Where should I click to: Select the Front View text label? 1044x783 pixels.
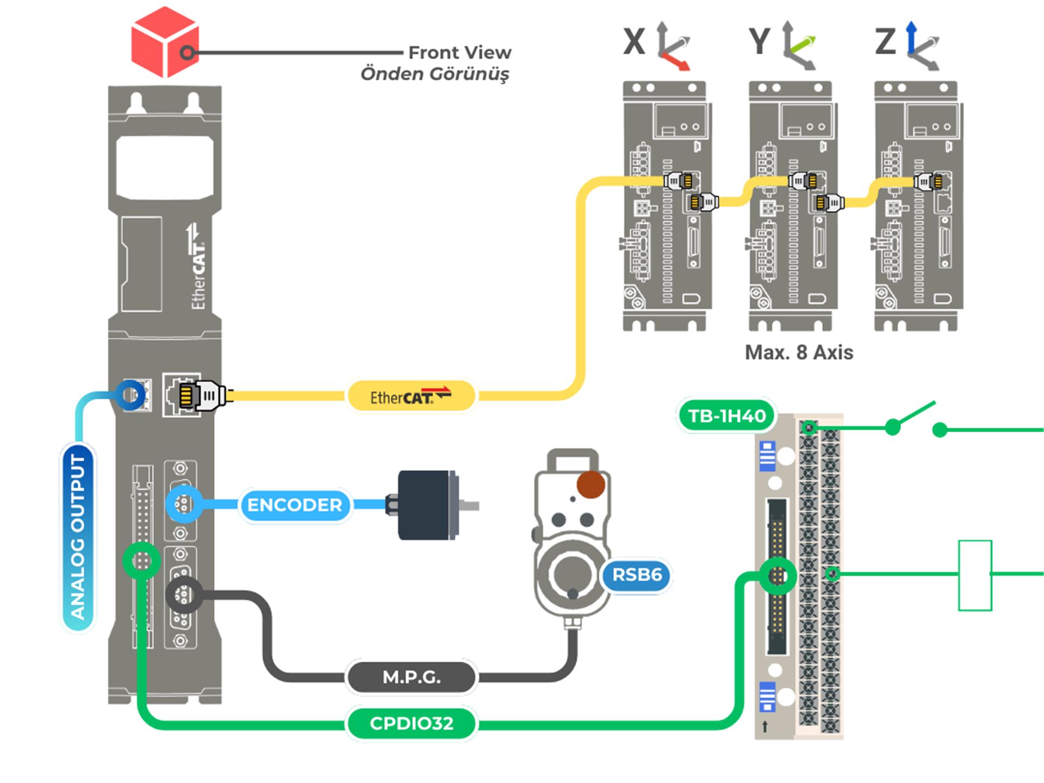point(459,53)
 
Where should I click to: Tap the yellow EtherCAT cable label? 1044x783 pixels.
point(411,396)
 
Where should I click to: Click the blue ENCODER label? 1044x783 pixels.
point(294,505)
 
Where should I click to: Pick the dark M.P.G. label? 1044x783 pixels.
point(411,677)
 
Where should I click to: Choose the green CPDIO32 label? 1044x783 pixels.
point(411,723)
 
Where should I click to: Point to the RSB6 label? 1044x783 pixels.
point(637,575)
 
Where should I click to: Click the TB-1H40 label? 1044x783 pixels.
point(726,416)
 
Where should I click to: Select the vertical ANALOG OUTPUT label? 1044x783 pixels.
point(78,537)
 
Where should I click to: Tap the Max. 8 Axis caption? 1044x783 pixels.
point(799,352)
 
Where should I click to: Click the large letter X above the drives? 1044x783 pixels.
point(634,42)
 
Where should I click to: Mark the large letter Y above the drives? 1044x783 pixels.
point(760,42)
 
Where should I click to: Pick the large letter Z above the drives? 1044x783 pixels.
point(885,42)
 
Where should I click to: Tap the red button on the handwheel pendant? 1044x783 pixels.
point(591,484)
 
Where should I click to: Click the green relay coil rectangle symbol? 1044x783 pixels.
point(975,575)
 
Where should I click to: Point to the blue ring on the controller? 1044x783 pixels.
point(130,395)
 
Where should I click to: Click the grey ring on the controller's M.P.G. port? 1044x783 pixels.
point(184,595)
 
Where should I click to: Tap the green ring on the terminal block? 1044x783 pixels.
point(778,576)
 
